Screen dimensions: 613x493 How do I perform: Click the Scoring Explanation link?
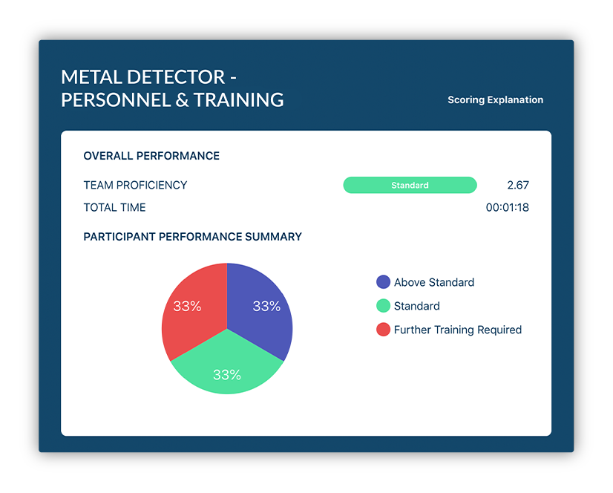(495, 100)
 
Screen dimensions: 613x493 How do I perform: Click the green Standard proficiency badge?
(410, 185)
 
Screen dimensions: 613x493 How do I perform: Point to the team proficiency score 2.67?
(518, 185)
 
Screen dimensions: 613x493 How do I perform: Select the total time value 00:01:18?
(507, 207)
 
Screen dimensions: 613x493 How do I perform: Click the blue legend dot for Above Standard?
(383, 282)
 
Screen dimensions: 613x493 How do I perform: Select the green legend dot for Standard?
(383, 306)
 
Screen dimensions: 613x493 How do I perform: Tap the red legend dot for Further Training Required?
(383, 330)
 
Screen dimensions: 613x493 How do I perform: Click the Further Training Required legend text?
(458, 330)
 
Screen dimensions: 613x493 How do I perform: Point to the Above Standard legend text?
(434, 282)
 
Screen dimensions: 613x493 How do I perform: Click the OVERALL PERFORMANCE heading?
(151, 156)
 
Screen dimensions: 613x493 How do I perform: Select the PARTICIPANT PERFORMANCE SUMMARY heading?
(192, 237)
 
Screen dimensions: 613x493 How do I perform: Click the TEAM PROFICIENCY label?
(135, 185)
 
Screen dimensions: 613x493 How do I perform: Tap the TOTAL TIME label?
(114, 207)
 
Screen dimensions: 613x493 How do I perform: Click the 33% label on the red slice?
(187, 306)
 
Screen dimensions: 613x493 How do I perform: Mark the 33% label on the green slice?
(227, 375)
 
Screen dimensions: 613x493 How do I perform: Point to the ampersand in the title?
(182, 100)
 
